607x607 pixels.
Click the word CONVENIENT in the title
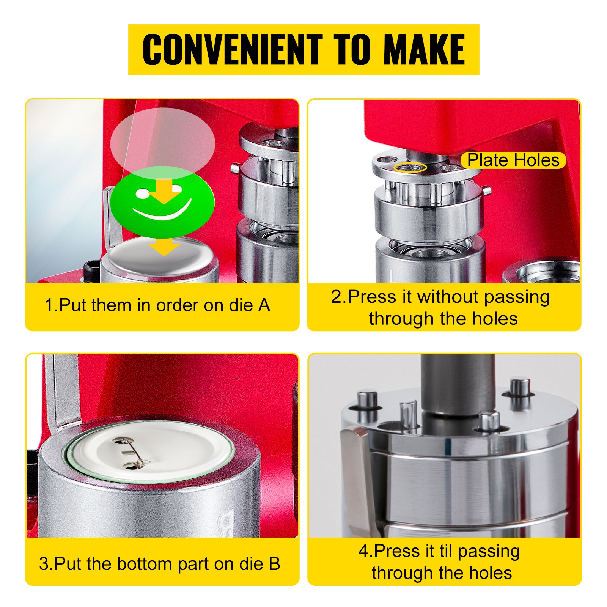click(232, 49)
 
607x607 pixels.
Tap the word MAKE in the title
click(424, 49)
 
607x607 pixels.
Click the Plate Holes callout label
click(513, 160)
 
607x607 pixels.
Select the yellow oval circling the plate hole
click(410, 167)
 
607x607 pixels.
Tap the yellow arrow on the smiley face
click(164, 191)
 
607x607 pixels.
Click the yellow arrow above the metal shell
click(164, 247)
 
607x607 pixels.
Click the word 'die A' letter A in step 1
click(264, 305)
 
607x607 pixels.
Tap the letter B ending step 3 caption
click(274, 564)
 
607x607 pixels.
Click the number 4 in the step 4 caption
click(363, 551)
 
